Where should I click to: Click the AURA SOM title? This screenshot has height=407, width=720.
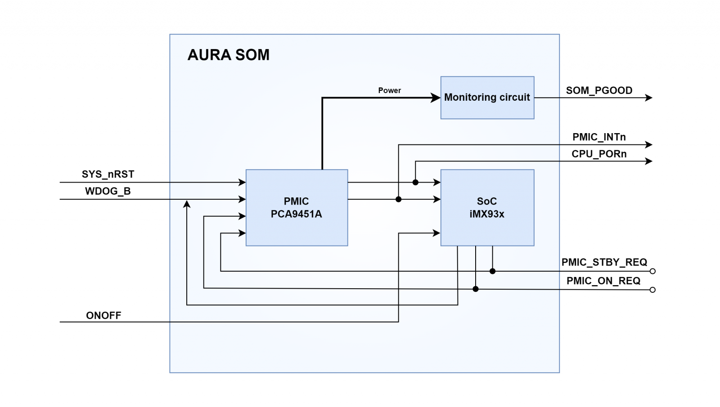pyautogui.click(x=229, y=55)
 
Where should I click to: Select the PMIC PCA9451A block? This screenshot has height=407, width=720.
pyautogui.click(x=297, y=207)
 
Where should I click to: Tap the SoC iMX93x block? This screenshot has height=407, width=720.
pyautogui.click(x=487, y=207)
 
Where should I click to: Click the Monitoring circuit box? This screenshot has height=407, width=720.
pyautogui.click(x=487, y=98)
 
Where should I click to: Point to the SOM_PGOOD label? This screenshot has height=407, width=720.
pyautogui.click(x=599, y=90)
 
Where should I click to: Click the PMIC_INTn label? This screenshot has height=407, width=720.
pyautogui.click(x=599, y=137)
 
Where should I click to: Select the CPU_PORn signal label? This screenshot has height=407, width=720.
pyautogui.click(x=599, y=154)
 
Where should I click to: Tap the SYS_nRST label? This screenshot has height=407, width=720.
pyautogui.click(x=108, y=174)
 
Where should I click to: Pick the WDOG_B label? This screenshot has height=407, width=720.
pyautogui.click(x=108, y=191)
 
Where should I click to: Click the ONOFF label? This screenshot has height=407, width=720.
pyautogui.click(x=103, y=315)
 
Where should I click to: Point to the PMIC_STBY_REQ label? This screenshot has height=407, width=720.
pyautogui.click(x=604, y=262)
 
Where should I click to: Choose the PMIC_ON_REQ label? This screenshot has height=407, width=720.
pyautogui.click(x=603, y=281)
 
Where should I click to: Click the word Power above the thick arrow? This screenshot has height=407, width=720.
pyautogui.click(x=389, y=90)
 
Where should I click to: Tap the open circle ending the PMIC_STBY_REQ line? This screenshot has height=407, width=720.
pyautogui.click(x=652, y=271)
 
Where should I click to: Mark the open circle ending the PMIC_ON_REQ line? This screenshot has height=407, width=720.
pyautogui.click(x=652, y=290)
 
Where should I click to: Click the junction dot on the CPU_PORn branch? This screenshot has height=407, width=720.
pyautogui.click(x=415, y=182)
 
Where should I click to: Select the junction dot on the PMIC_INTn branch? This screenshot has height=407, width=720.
pyautogui.click(x=398, y=199)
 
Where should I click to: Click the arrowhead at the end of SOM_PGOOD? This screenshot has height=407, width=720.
pyautogui.click(x=648, y=98)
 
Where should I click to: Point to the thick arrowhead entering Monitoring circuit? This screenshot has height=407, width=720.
pyautogui.click(x=436, y=98)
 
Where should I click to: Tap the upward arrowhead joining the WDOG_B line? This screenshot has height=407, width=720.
pyautogui.click(x=187, y=204)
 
